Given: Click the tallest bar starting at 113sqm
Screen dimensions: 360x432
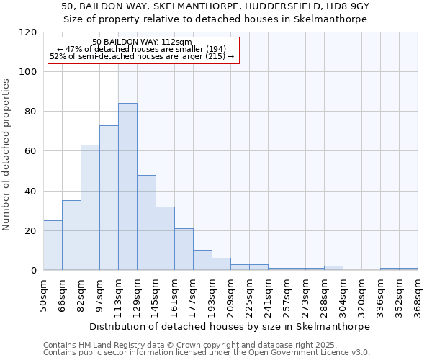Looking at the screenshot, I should pyautogui.click(x=127, y=186).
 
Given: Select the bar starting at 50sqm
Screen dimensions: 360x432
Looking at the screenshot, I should pyautogui.click(x=53, y=245).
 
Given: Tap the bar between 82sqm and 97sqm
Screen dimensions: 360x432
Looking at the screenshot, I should pyautogui.click(x=90, y=207).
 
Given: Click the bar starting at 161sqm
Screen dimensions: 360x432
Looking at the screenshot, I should pyautogui.click(x=184, y=249).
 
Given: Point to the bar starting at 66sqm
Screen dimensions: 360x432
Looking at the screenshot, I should pyautogui.click(x=71, y=235).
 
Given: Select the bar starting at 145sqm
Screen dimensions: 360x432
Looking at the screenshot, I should pyautogui.click(x=165, y=238).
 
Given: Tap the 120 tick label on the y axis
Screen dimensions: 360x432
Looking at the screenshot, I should pyautogui.click(x=29, y=32).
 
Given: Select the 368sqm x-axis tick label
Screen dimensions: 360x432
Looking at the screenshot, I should pyautogui.click(x=418, y=295).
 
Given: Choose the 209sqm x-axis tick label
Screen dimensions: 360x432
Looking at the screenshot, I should pyautogui.click(x=230, y=295).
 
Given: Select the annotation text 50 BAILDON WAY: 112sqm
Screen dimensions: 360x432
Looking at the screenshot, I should pyautogui.click(x=142, y=42).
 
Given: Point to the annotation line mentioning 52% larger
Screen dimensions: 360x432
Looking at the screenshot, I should pyautogui.click(x=142, y=56).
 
